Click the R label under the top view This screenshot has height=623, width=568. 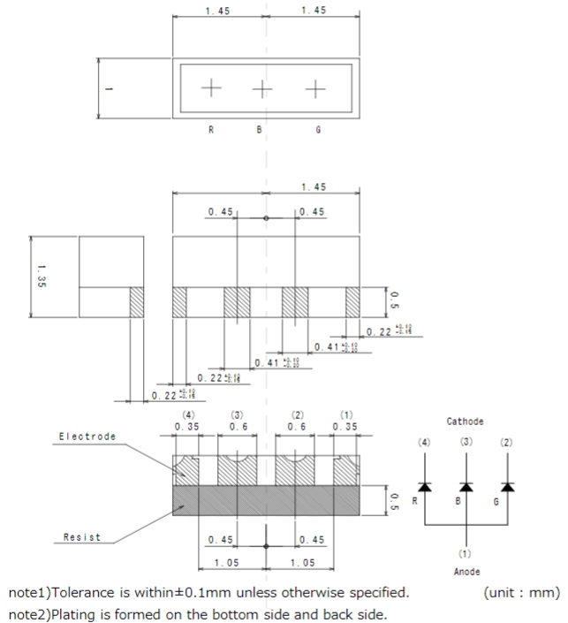(x=211, y=130)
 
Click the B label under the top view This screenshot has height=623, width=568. (x=259, y=130)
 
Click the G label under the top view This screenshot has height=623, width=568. (x=317, y=130)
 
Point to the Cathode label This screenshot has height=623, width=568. (x=466, y=422)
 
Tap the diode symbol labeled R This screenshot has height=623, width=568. (x=424, y=486)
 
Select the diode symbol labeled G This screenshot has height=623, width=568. (x=508, y=486)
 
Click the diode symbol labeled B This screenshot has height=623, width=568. (x=466, y=486)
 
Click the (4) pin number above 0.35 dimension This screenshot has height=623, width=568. (x=187, y=414)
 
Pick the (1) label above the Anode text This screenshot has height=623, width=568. (x=465, y=553)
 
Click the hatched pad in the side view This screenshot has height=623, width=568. (x=136, y=303)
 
